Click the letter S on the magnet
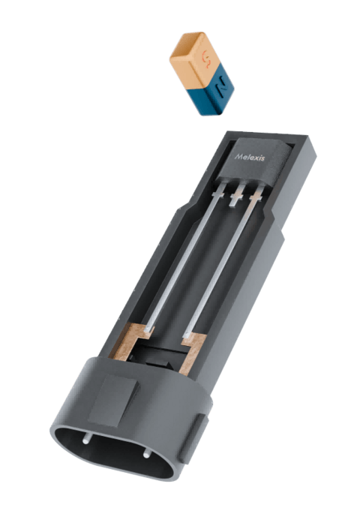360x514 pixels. point(206,59)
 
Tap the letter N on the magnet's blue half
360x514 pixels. point(220,88)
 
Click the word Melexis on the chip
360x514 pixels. point(250,158)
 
